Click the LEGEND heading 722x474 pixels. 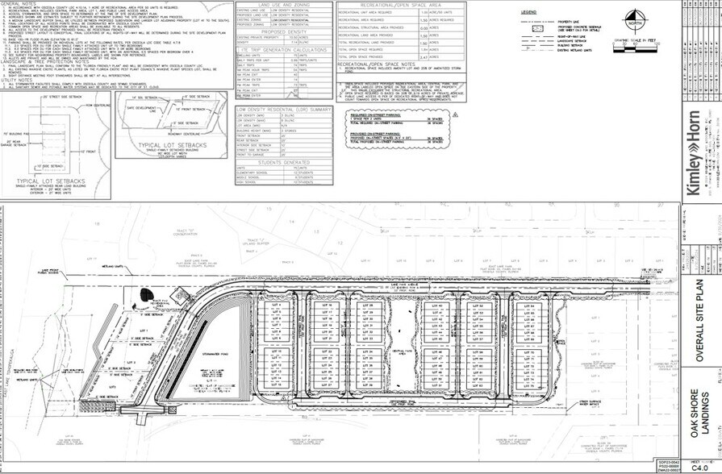pos(529,13)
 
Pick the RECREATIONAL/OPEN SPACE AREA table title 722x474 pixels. pos(399,4)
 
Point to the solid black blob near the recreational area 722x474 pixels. pos(146,271)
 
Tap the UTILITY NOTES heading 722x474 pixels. pos(17,80)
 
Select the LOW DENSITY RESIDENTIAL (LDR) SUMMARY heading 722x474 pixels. pos(282,108)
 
